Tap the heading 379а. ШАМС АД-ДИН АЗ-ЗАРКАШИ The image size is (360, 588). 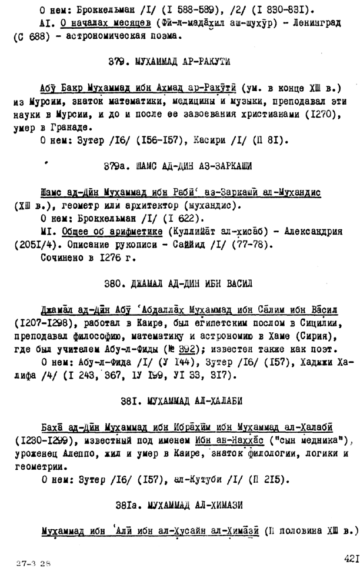coord(177,166)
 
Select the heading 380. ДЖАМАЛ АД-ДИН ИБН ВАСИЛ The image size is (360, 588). coord(178,283)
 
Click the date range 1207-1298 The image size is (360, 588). coord(40,323)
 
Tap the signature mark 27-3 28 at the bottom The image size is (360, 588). coord(34,563)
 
